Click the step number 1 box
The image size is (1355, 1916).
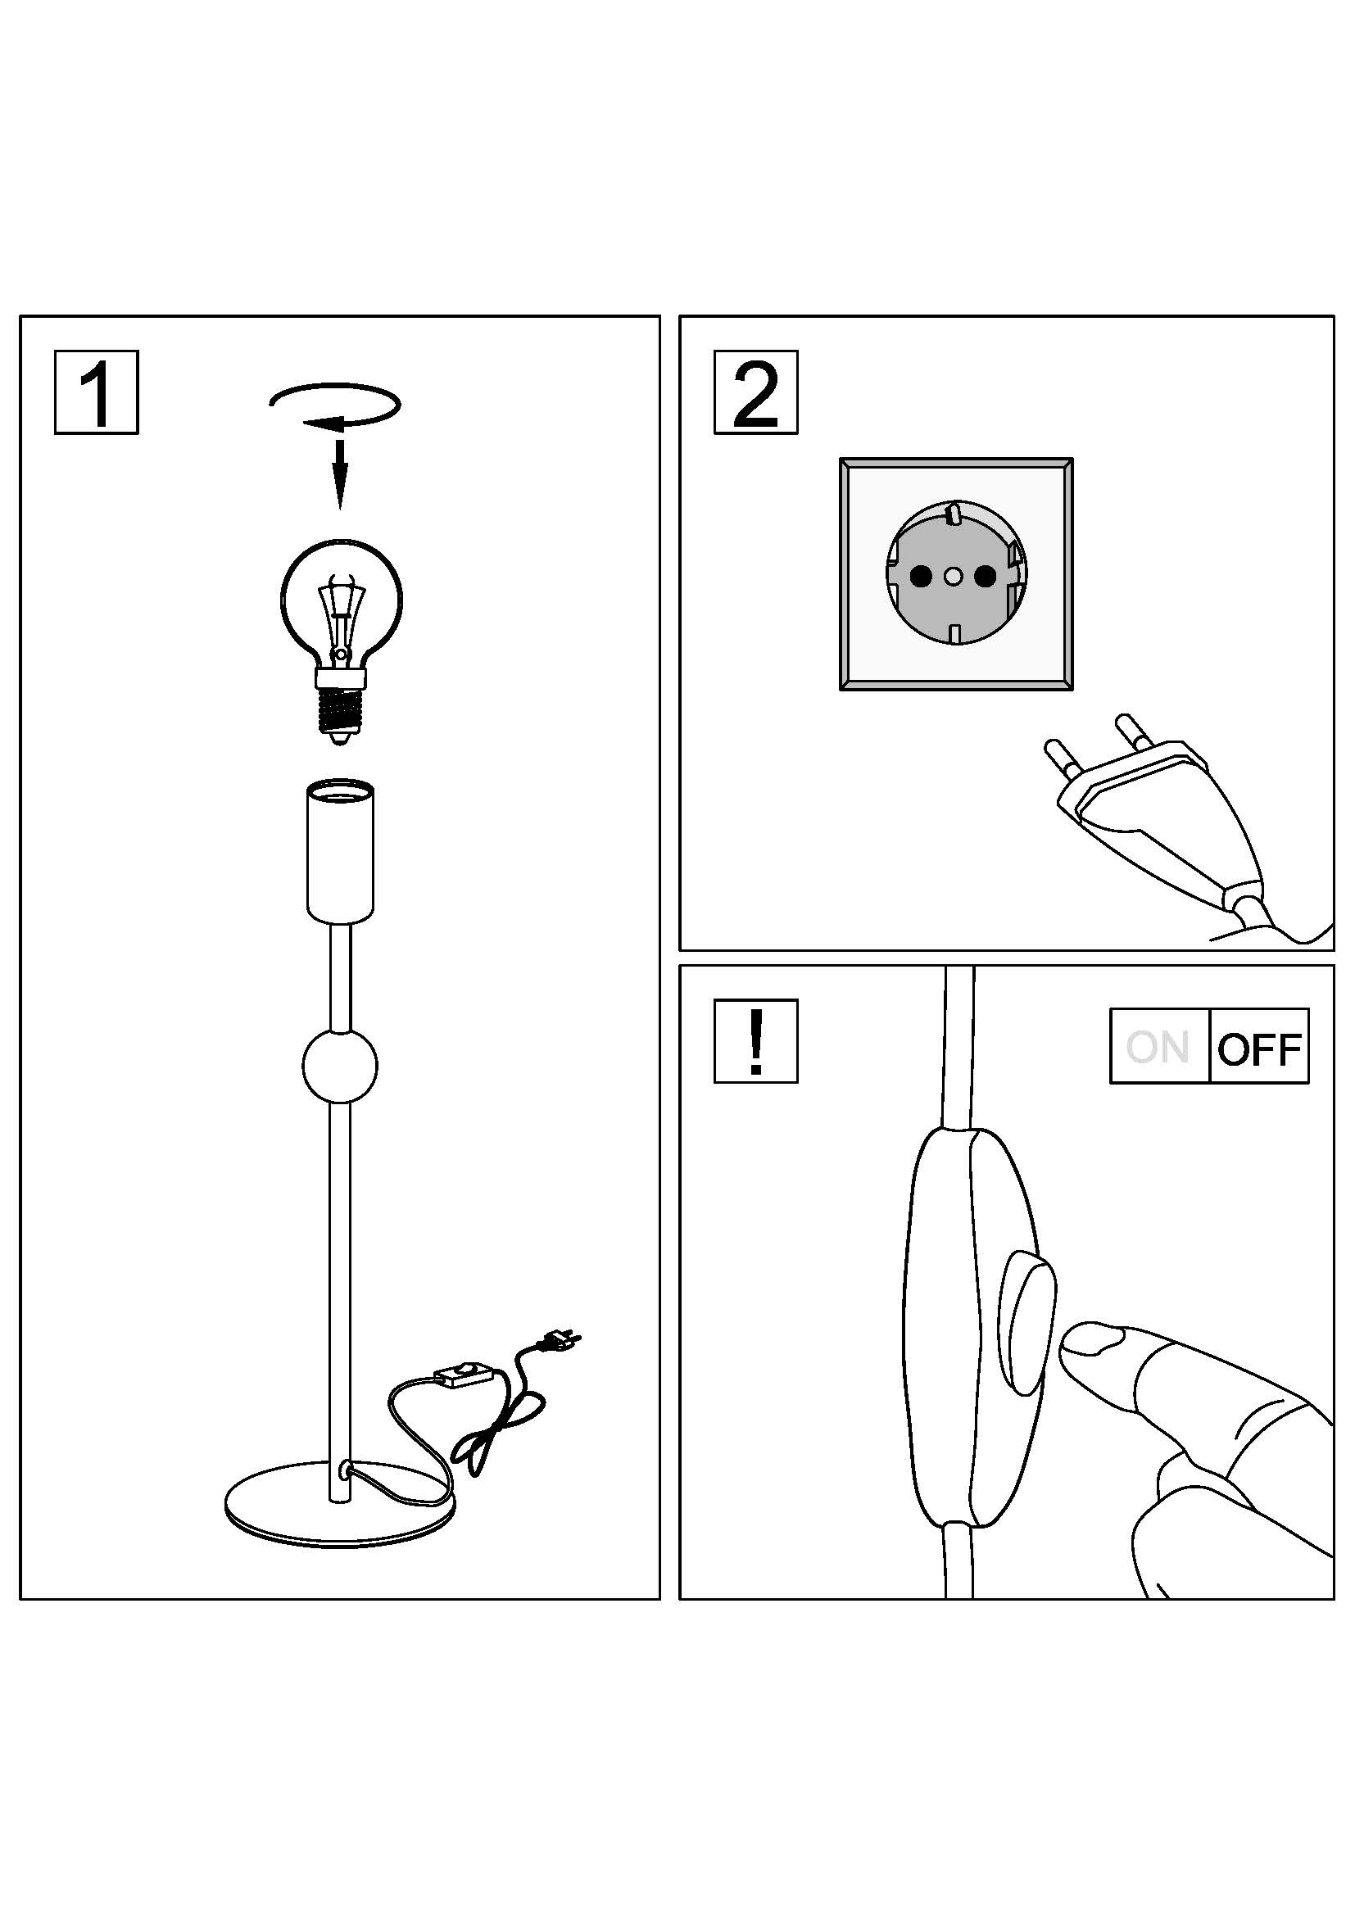[x=97, y=392]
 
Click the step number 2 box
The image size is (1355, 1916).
[x=756, y=392]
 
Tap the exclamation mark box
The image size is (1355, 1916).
[x=756, y=1041]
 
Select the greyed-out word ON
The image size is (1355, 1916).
[x=1158, y=1048]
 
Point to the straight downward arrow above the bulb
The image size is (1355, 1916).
[x=339, y=474]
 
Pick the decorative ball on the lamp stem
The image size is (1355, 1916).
[x=339, y=1066]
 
